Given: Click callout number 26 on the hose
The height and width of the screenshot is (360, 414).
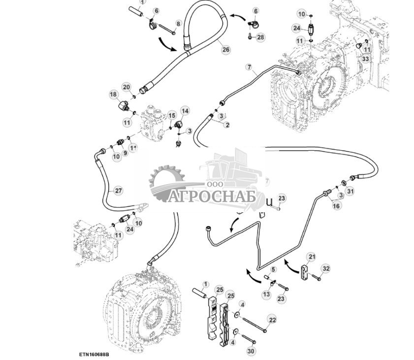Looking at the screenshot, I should tap(226, 49).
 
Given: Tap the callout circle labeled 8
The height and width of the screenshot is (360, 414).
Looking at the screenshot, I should tap(178, 24).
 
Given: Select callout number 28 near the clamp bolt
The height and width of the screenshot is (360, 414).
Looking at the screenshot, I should tap(260, 37).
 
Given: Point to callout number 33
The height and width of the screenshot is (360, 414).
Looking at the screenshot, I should tap(365, 59).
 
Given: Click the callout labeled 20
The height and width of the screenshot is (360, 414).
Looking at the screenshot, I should tap(126, 88).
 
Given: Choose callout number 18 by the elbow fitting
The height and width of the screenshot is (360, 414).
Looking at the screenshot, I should tap(113, 95).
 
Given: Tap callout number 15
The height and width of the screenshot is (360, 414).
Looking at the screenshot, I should tap(172, 115).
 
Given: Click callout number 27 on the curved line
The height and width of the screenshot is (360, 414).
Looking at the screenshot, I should tap(118, 190).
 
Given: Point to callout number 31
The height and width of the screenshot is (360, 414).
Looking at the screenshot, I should tap(350, 191).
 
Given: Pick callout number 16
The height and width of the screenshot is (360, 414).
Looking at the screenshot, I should tap(336, 206).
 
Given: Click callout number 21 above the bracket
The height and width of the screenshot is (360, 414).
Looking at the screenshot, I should tap(312, 257).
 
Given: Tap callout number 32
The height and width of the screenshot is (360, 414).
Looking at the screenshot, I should tap(325, 268).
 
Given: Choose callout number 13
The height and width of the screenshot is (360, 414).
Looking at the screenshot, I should tap(266, 294).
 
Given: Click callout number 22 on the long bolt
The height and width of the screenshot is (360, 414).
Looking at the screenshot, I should tap(272, 321).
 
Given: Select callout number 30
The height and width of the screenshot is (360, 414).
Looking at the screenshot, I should tap(252, 351).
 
